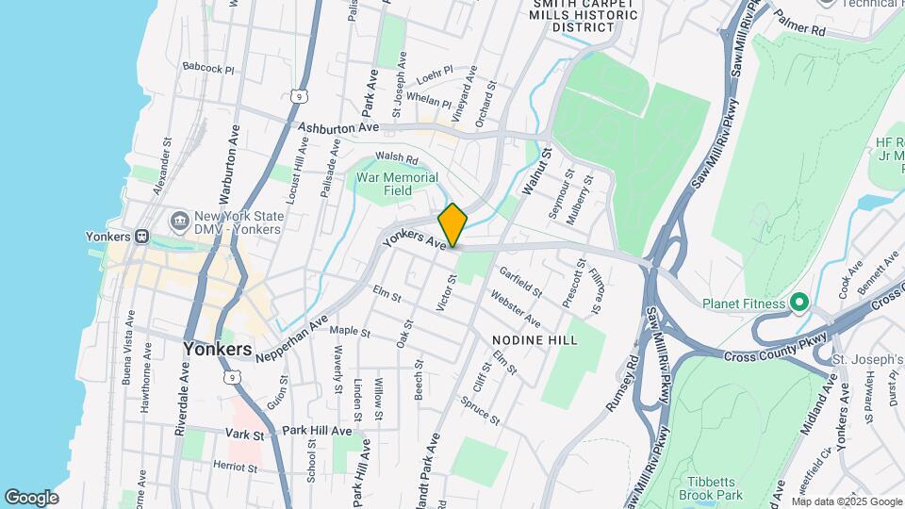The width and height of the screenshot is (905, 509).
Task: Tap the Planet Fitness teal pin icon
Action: (x=799, y=304)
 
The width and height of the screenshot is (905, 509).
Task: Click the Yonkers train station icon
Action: (x=141, y=237)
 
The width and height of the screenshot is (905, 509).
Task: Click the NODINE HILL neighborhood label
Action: (x=534, y=338)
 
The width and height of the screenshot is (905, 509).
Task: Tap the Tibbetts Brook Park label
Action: (x=711, y=487)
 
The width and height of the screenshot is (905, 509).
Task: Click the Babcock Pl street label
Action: (x=208, y=69)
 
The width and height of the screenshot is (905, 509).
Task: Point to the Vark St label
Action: (x=245, y=435)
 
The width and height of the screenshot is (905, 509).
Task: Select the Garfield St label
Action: (x=521, y=281)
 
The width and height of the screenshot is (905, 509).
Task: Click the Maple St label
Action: (x=348, y=332)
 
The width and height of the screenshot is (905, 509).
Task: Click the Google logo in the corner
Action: (x=31, y=497)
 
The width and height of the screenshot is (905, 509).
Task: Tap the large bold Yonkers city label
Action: (x=217, y=349)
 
